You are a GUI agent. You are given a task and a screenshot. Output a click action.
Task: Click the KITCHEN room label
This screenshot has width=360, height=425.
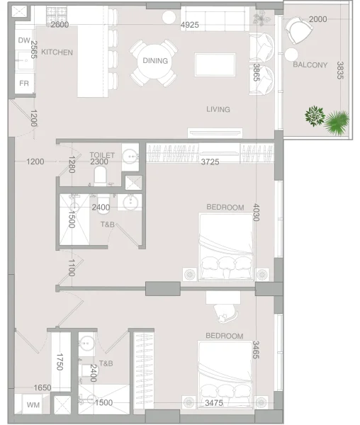57,52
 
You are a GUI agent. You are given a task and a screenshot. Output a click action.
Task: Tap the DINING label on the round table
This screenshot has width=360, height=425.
155,61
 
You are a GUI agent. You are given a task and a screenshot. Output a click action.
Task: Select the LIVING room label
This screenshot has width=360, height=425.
218,109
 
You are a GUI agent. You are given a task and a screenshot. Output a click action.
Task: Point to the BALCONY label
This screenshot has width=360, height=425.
310,65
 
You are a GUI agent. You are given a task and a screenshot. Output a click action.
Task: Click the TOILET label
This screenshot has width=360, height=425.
102,154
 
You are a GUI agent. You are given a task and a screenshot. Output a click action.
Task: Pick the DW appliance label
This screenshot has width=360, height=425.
23,40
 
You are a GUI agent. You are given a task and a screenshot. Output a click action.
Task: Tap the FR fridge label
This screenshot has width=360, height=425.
23,83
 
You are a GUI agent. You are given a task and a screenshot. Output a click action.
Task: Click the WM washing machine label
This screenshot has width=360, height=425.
33,405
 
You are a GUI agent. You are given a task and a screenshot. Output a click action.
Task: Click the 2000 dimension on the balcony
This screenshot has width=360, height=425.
318,18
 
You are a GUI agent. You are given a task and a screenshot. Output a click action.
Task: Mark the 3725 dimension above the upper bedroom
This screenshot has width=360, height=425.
209,162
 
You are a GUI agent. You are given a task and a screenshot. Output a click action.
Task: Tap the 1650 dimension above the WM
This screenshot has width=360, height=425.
43,388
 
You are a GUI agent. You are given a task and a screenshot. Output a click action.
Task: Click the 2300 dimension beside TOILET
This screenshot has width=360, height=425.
100,161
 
